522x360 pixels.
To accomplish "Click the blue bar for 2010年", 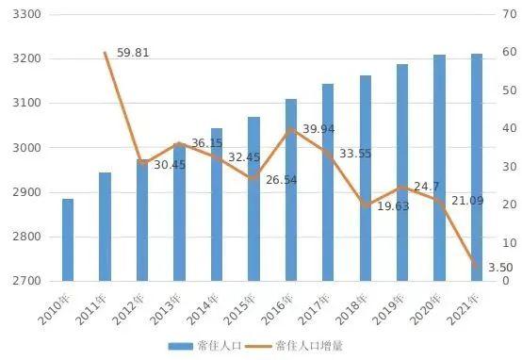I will point(68,239).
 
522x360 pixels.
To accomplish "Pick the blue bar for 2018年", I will point(365,178).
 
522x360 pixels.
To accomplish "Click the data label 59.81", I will point(133,53).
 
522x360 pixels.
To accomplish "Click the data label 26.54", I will point(278,179).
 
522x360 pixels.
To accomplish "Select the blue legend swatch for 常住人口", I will point(179,346).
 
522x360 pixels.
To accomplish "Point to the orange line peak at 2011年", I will point(105,53).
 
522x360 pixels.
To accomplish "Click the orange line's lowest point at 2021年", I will point(477,268).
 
